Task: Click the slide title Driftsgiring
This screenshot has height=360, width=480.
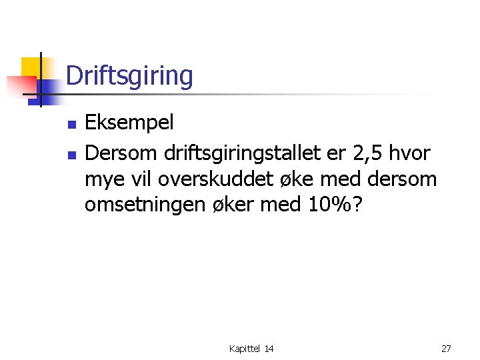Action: (129, 76)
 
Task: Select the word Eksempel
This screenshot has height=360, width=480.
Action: (129, 123)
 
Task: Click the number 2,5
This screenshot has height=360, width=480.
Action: (367, 154)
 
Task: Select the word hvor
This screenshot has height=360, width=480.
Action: (411, 153)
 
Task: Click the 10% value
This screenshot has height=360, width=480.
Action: (327, 204)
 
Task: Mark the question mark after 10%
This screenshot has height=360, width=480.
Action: (357, 204)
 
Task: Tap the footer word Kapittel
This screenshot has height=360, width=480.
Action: (245, 349)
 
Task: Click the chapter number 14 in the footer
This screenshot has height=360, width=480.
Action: (269, 349)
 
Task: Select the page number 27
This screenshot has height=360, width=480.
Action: (446, 349)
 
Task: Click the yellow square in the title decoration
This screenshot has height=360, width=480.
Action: (30, 67)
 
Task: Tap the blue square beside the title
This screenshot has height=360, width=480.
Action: (48, 89)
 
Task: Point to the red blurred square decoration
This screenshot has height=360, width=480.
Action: (20, 86)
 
